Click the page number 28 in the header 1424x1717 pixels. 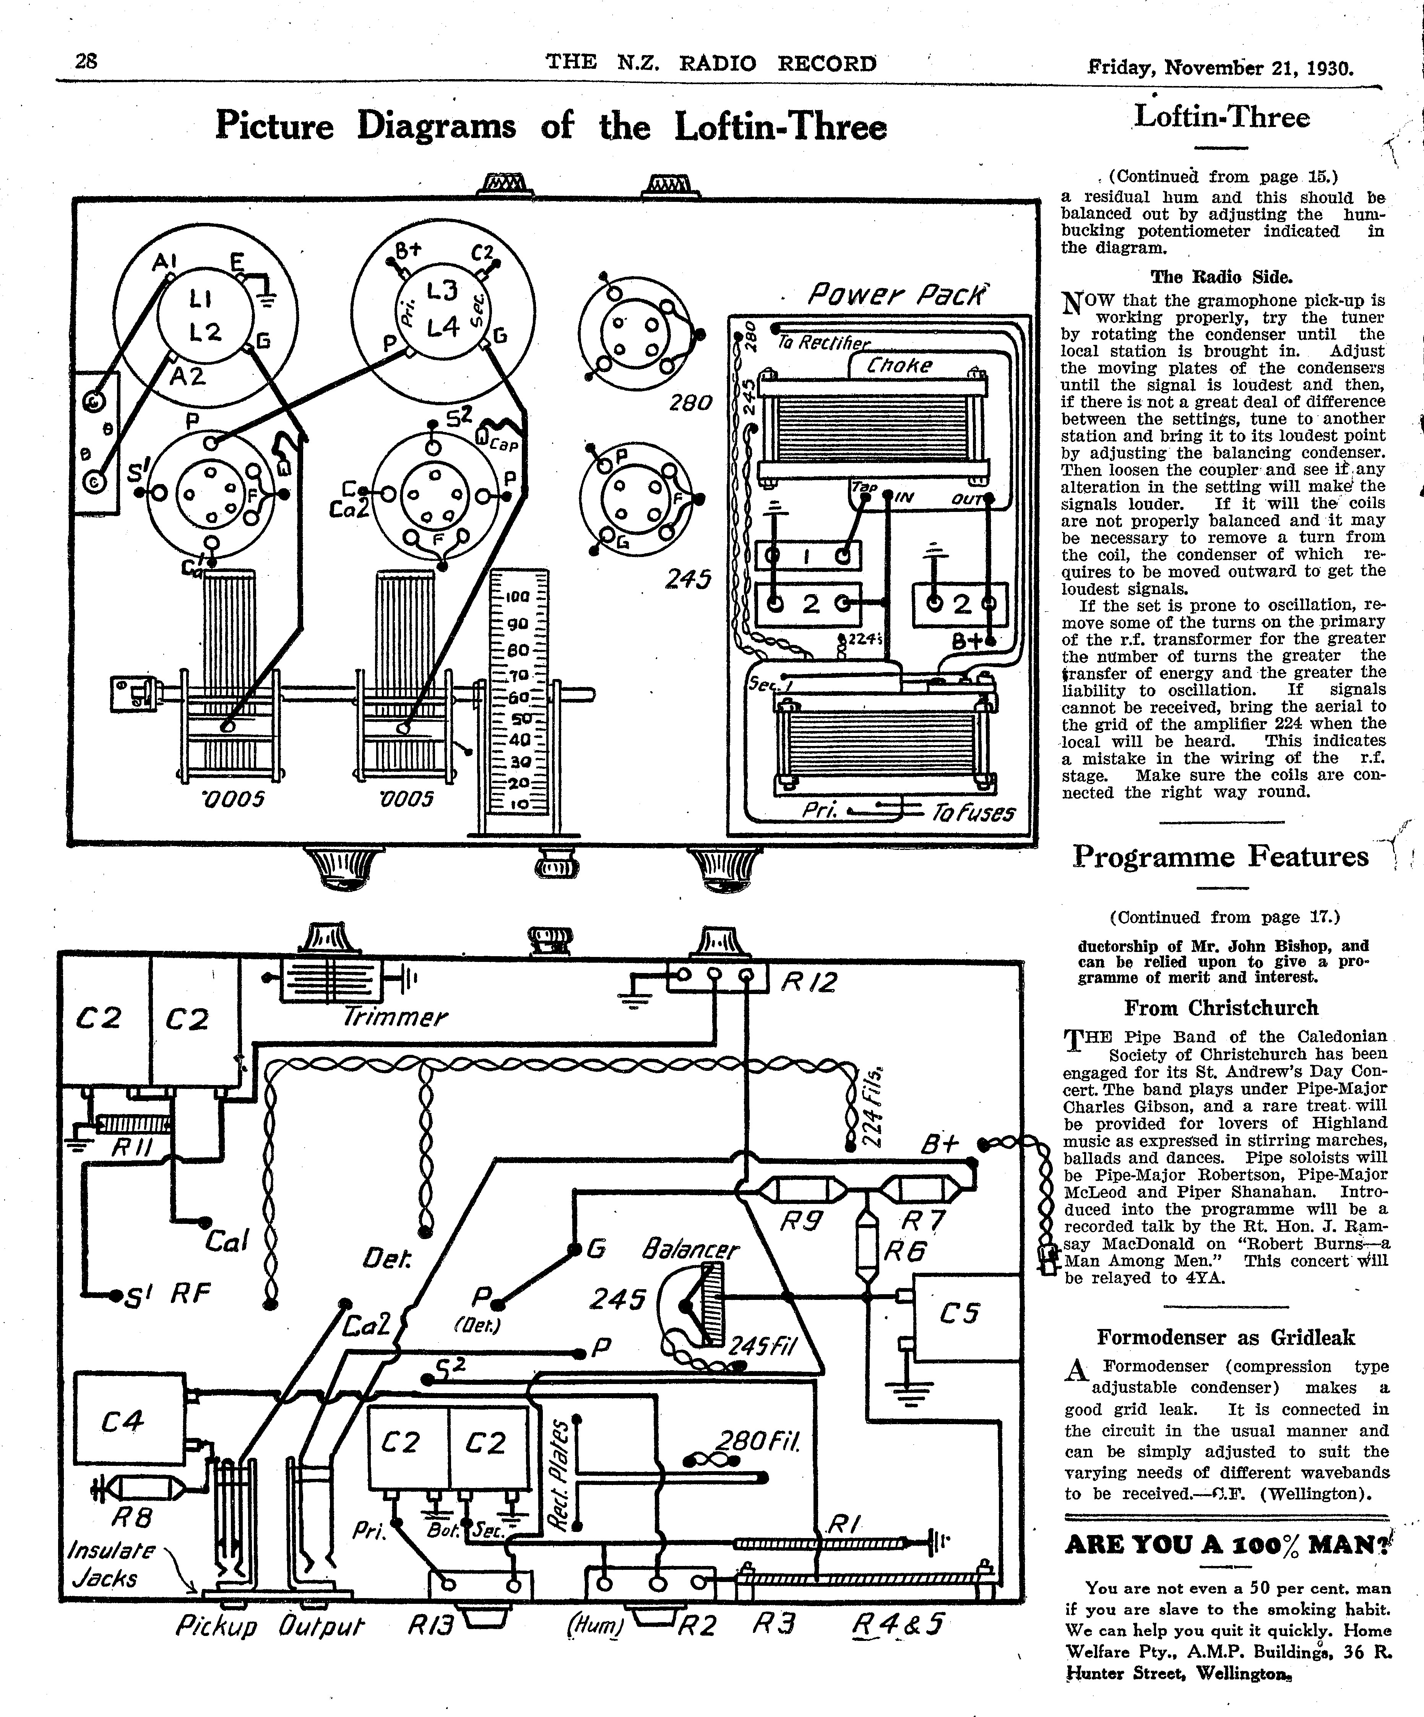[x=86, y=61]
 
